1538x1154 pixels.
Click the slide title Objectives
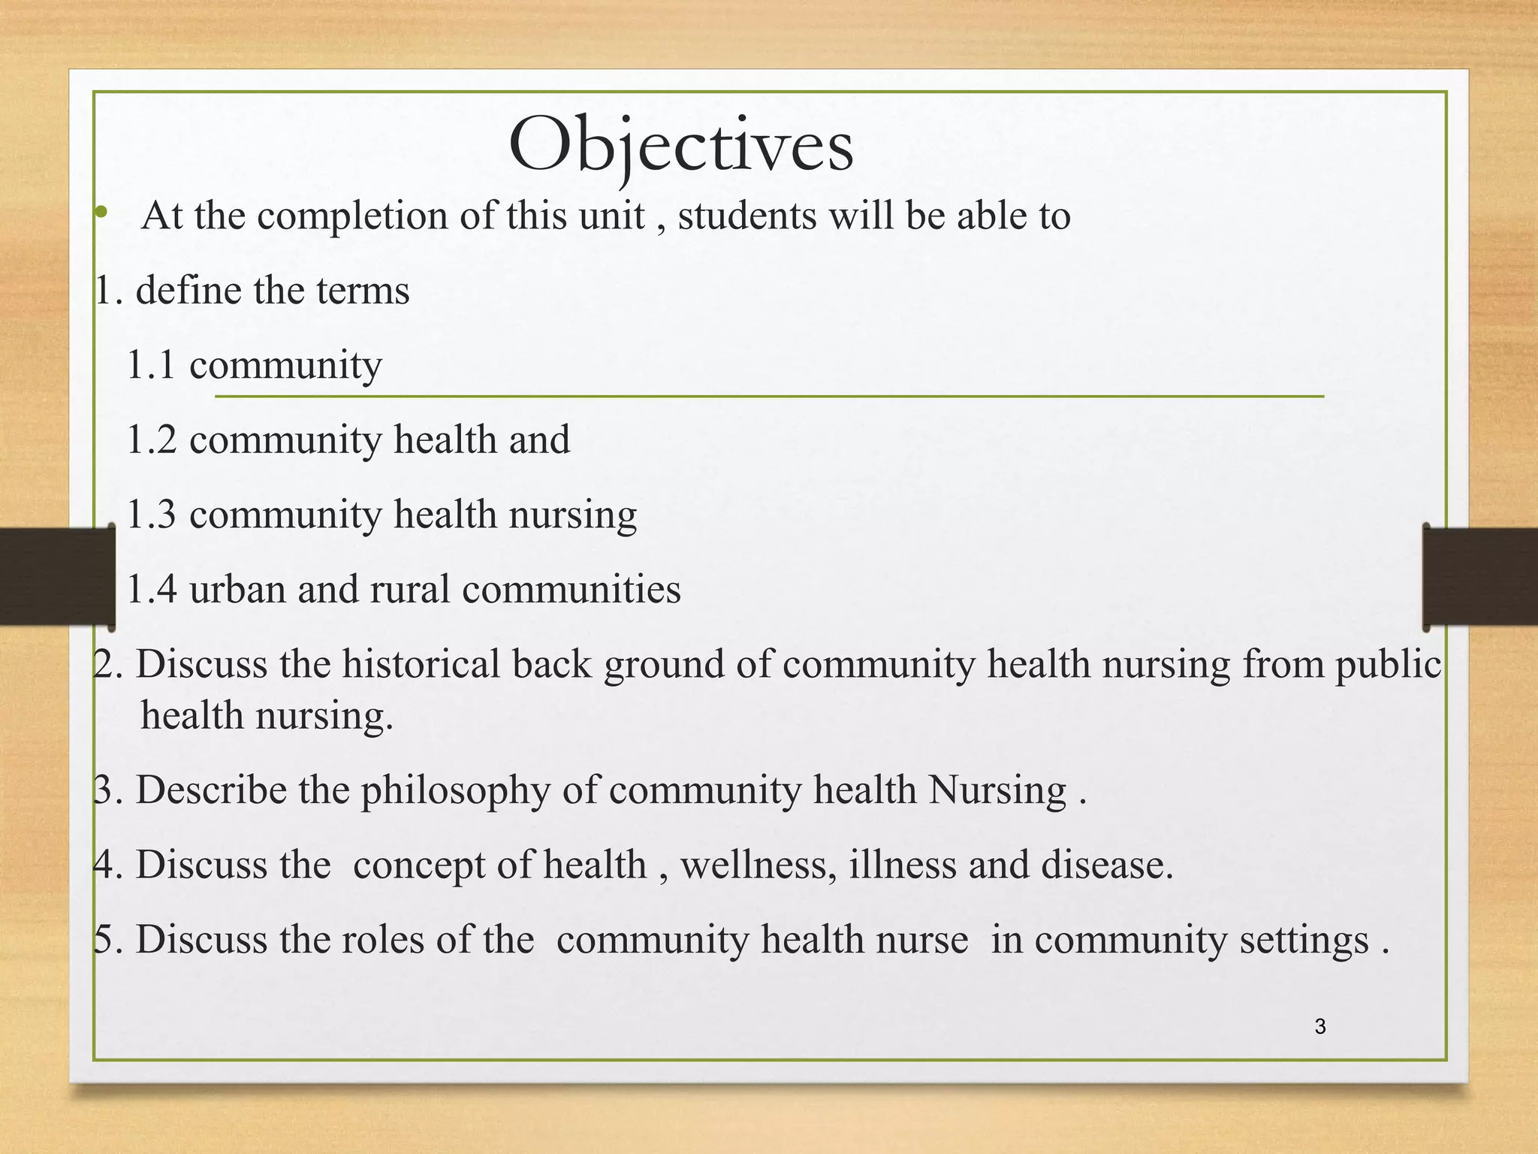(680, 145)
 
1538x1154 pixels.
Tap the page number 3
(1320, 1026)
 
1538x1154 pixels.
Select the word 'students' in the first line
(747, 216)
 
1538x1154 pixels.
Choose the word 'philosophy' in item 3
(455, 790)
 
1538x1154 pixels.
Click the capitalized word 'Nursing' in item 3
(997, 790)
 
